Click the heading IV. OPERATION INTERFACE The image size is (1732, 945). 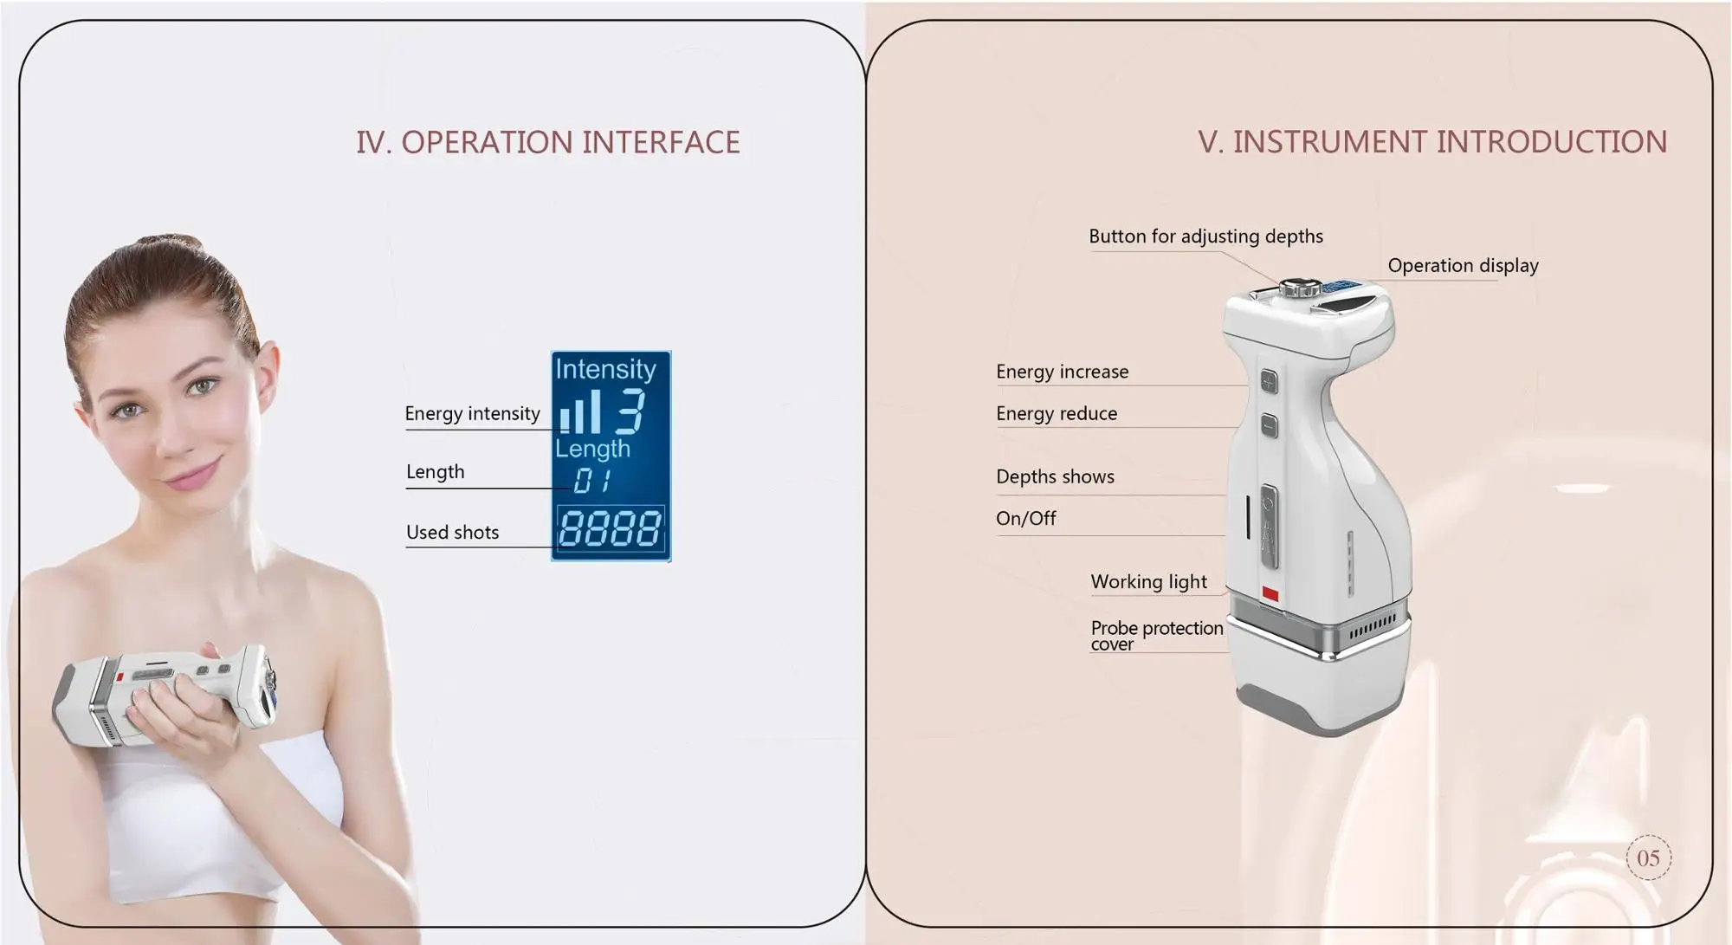pos(548,142)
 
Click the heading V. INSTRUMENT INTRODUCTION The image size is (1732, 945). pos(1432,142)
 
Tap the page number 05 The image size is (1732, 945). pos(1648,858)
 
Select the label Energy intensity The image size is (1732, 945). pos(472,413)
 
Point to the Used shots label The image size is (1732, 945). pos(452,532)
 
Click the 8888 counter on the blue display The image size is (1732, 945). pos(611,528)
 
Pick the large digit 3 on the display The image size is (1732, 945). pos(630,411)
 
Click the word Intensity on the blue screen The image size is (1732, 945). pos(605,369)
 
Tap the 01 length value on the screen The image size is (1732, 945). pos(592,480)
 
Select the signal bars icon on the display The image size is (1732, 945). pos(580,412)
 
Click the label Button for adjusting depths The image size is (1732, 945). pos(1205,236)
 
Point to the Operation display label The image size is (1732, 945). pos(1463,266)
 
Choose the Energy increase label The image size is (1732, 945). pos(1062,372)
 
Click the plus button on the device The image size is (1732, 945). pos(1269,381)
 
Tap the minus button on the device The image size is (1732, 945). pos(1269,424)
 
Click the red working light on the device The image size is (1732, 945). pos(1270,593)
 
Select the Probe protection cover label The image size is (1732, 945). pos(1157,636)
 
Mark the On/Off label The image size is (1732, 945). pos(1026,518)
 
